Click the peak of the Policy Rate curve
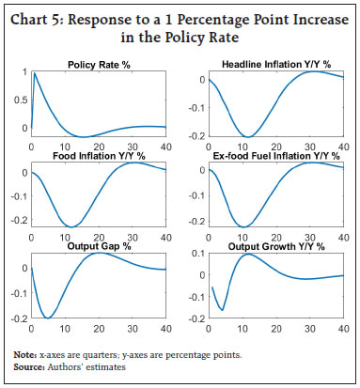click(35, 73)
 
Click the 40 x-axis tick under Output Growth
click(340, 329)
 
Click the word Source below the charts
click(29, 365)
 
